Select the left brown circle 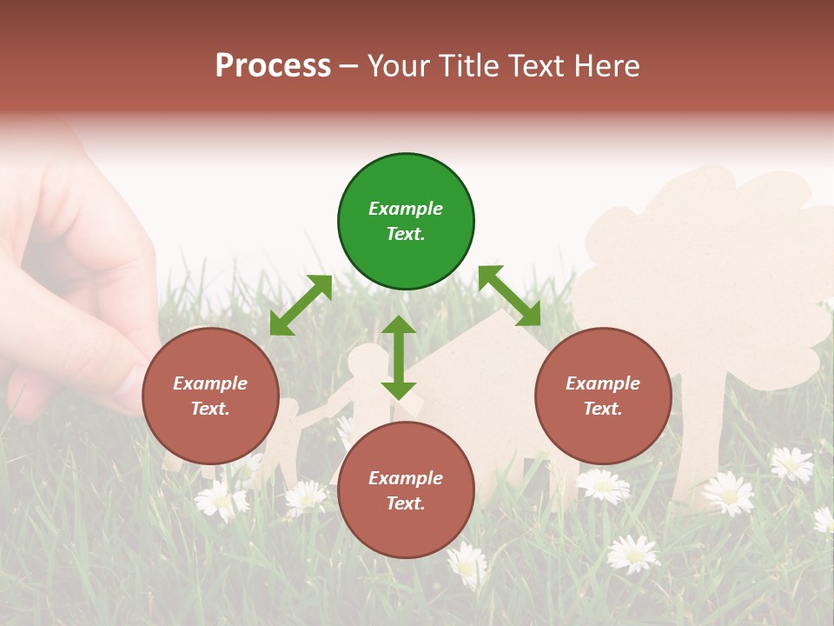click(210, 396)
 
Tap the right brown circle click(603, 396)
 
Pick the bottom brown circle click(406, 489)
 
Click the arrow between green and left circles click(301, 305)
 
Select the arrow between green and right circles click(509, 296)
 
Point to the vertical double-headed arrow click(399, 357)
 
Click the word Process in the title click(273, 65)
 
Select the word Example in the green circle click(406, 209)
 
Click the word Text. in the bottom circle click(406, 503)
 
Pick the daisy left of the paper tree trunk click(601, 485)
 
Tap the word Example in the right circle click(603, 383)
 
